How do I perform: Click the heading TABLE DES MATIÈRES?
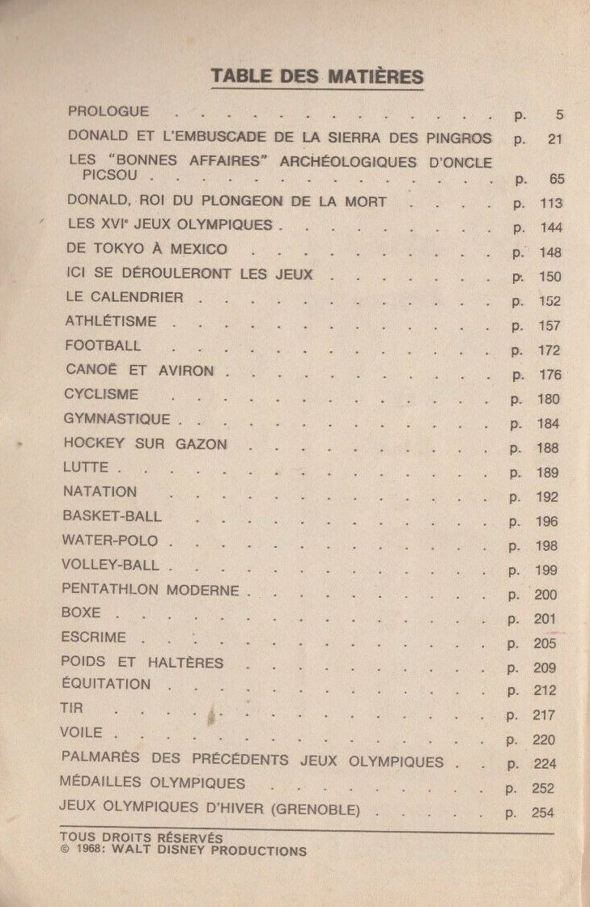(317, 77)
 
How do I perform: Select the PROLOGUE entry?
(108, 112)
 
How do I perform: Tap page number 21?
(554, 139)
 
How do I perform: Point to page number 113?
(550, 203)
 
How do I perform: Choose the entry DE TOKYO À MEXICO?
(147, 249)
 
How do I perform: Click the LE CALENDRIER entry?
(125, 298)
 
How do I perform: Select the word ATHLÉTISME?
(112, 322)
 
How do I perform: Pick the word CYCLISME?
(101, 395)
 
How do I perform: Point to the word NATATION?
(100, 492)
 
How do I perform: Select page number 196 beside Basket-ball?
(547, 522)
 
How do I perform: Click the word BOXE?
(81, 613)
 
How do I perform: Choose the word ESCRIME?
(93, 638)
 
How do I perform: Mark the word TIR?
(71, 709)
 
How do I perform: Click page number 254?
(543, 812)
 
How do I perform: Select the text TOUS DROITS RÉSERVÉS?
(141, 839)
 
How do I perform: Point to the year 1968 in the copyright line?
(92, 851)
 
